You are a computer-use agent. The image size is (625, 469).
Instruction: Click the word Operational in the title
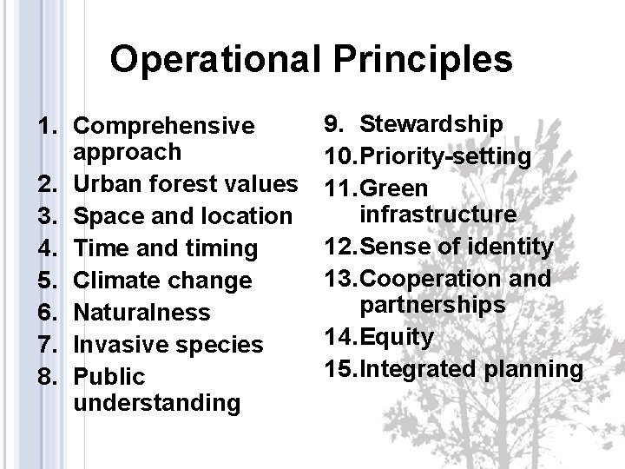point(216,59)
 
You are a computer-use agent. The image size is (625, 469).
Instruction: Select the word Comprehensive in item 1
point(164,127)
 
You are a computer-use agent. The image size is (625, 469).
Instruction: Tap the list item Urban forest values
point(186,184)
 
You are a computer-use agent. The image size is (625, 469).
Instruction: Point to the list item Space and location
point(183,216)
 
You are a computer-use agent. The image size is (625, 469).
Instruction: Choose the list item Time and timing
point(166,248)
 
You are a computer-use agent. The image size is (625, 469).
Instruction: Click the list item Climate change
point(163,281)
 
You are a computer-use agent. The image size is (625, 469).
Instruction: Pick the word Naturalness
point(141,313)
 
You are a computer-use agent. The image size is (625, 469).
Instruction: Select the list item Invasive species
point(168,345)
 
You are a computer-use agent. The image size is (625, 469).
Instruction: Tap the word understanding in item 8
point(157,402)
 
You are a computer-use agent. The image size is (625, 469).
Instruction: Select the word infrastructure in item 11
point(438,214)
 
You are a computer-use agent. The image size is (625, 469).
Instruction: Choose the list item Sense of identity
point(456,247)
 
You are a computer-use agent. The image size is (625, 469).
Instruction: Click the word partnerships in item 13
point(432,305)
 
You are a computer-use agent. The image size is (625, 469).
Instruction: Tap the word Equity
point(395,336)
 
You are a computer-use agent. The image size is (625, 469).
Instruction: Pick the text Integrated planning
point(471,368)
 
